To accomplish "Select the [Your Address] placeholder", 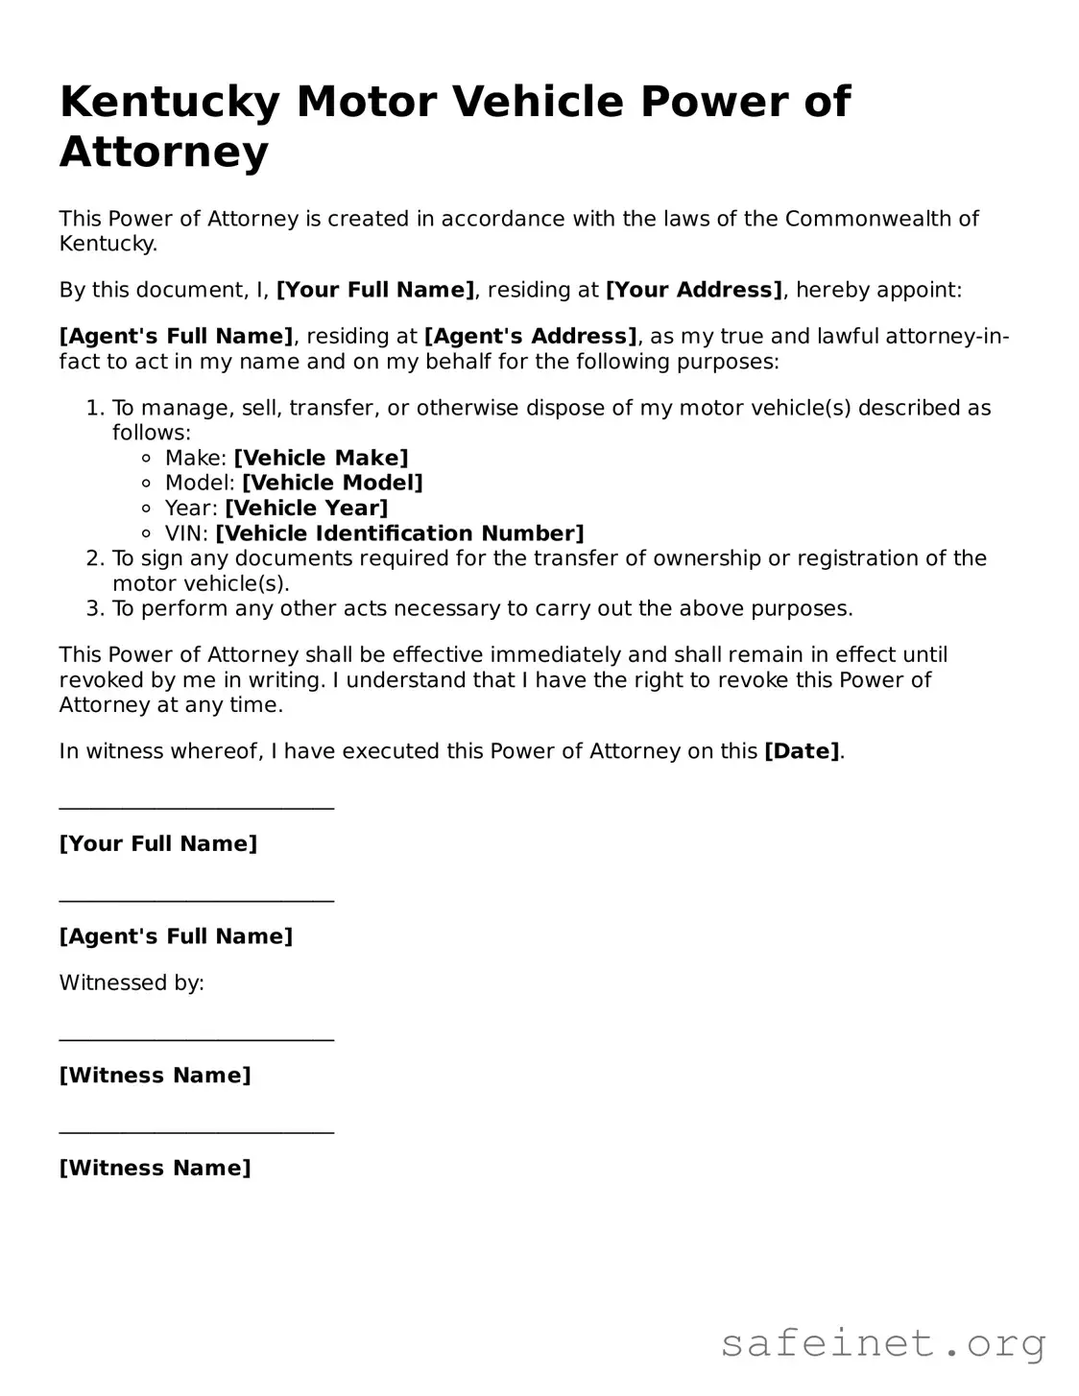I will click(x=694, y=290).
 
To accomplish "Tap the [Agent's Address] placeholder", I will click(x=530, y=336).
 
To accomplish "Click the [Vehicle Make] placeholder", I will click(x=321, y=458).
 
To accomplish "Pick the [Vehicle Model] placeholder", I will click(x=332, y=483).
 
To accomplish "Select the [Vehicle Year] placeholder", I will click(x=306, y=508).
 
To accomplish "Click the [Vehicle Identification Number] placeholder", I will click(x=399, y=533).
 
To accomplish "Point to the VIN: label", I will click(x=186, y=533).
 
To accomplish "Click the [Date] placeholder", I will click(x=802, y=751).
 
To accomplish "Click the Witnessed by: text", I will click(x=132, y=982).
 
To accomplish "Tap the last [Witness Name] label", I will click(x=155, y=1168).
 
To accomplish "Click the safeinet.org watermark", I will click(x=882, y=1343).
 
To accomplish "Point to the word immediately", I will click(x=555, y=655).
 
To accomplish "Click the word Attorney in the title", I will click(x=164, y=153).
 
